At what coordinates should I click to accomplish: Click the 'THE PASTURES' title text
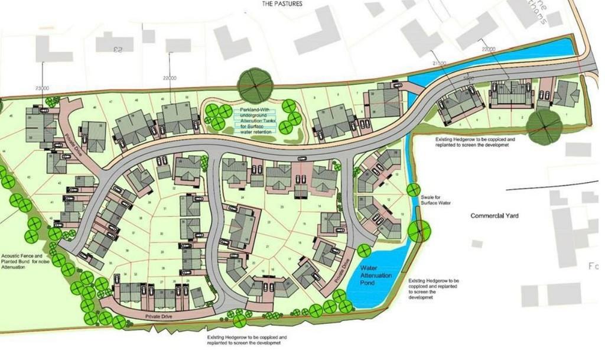point(282,4)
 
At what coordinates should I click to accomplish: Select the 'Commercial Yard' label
point(495,216)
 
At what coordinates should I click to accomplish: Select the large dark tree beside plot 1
point(543,126)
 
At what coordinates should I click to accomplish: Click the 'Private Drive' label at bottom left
point(157,317)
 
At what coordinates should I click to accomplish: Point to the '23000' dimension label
point(42,88)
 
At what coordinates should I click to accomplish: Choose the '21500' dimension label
point(439,62)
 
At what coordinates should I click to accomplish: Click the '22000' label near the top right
point(489,49)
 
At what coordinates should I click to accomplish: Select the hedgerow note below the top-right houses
point(476,142)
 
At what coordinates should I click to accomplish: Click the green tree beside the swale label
point(412,190)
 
